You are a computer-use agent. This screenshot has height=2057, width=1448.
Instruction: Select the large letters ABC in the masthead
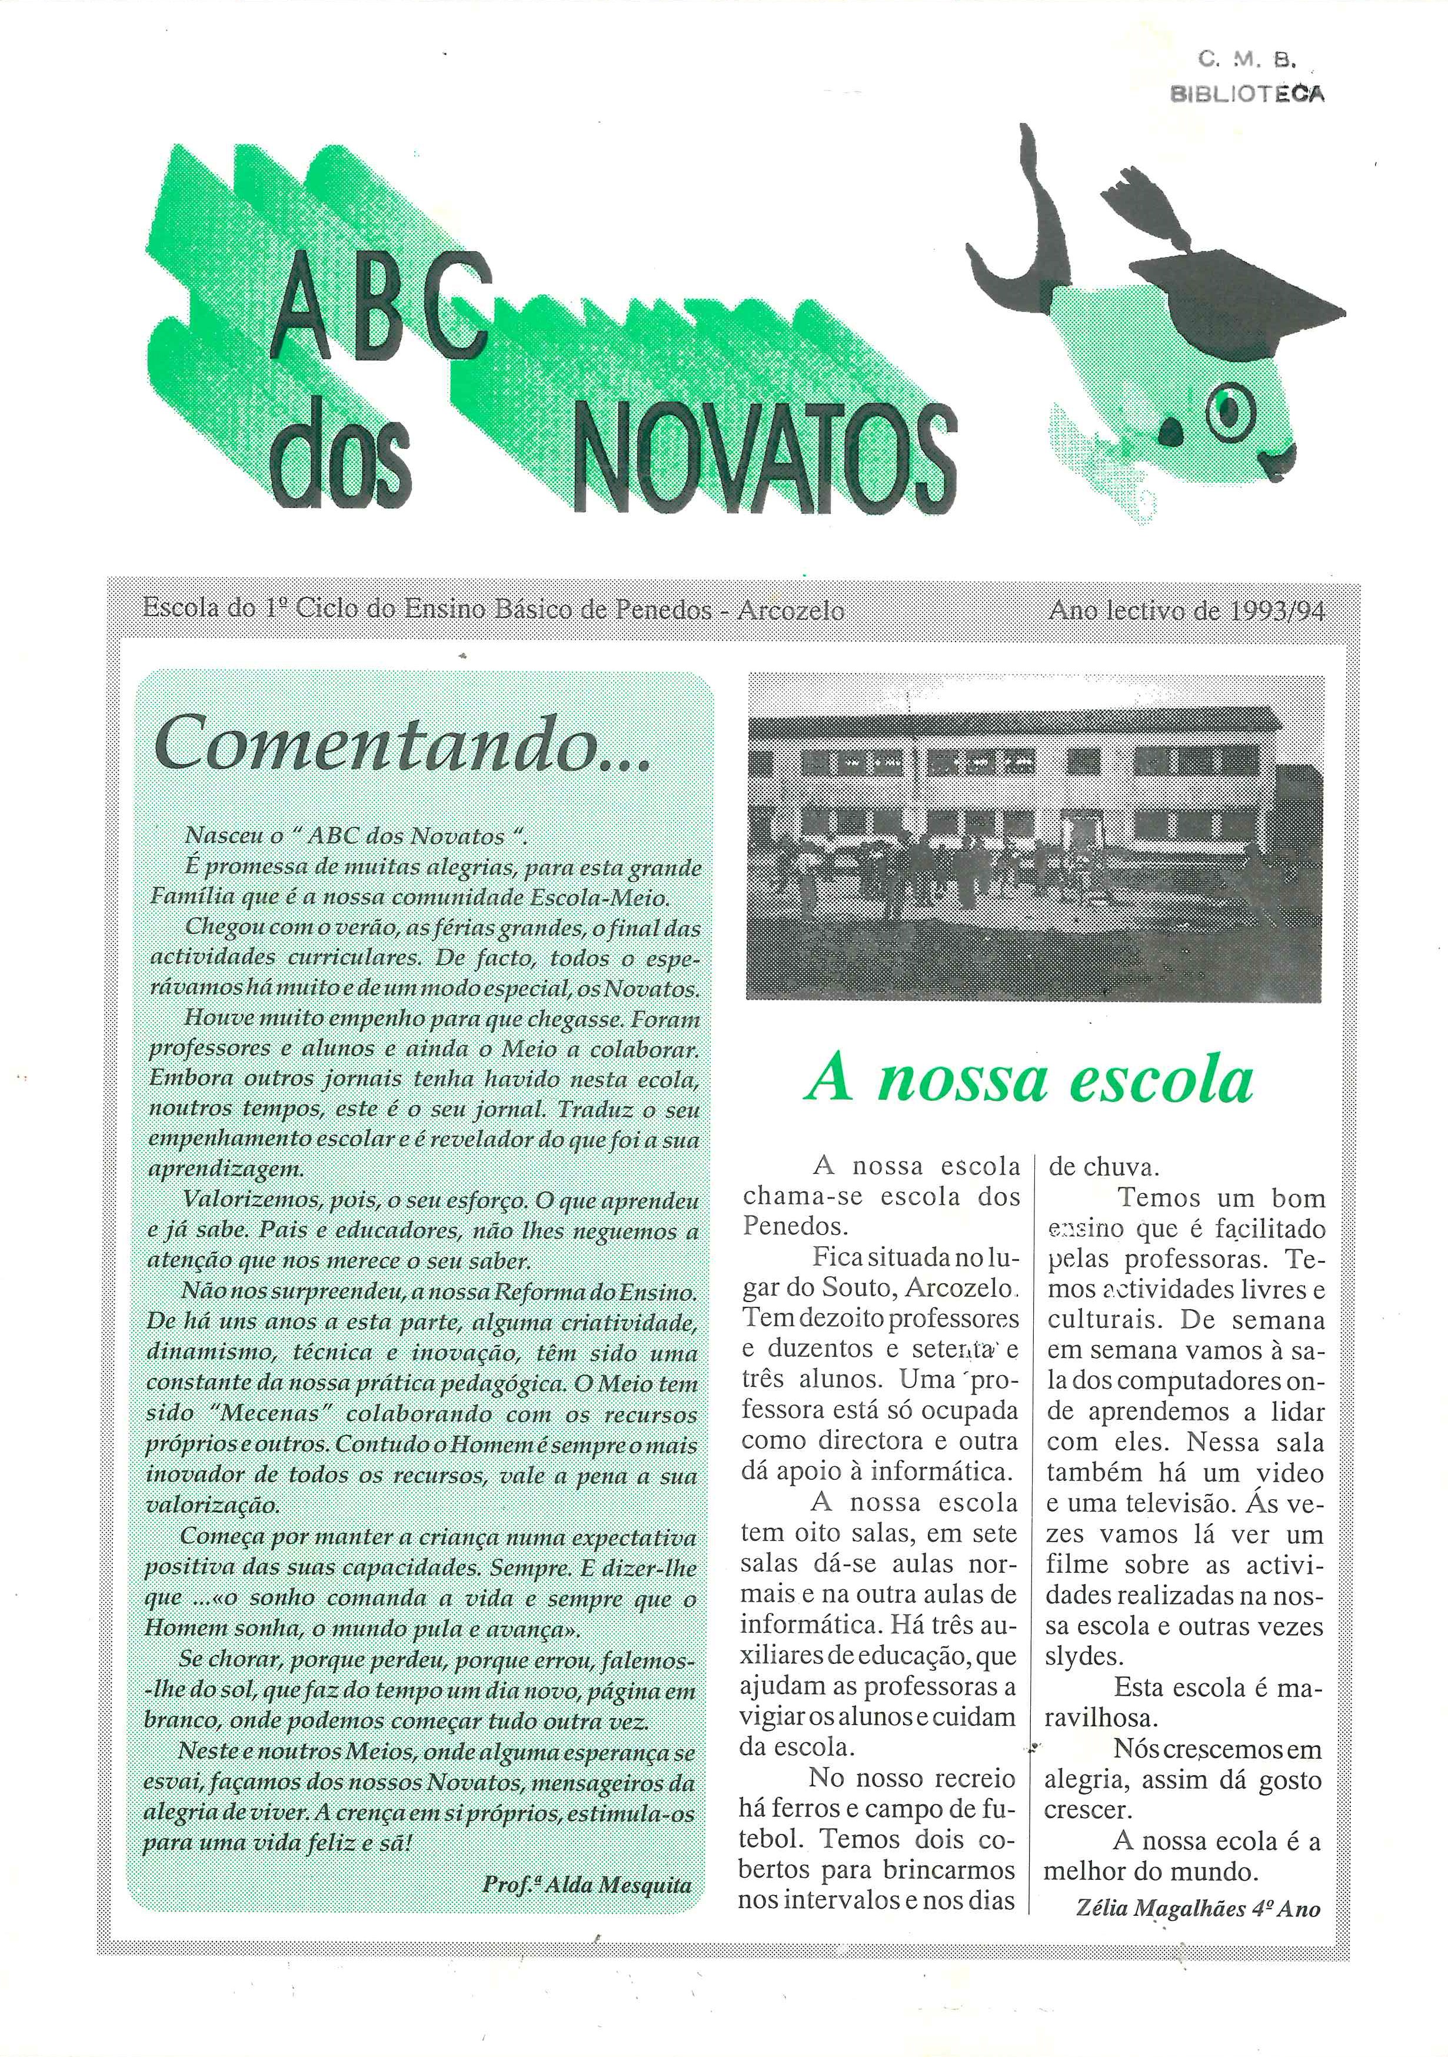[x=380, y=319]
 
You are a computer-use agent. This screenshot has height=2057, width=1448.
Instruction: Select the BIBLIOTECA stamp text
[x=1247, y=93]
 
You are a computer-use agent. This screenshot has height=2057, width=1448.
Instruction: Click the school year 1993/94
[x=1277, y=611]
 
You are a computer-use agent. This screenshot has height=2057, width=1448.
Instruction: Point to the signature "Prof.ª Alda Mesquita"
[x=587, y=1884]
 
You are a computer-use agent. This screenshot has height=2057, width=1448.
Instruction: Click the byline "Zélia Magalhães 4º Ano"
[x=1197, y=1908]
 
